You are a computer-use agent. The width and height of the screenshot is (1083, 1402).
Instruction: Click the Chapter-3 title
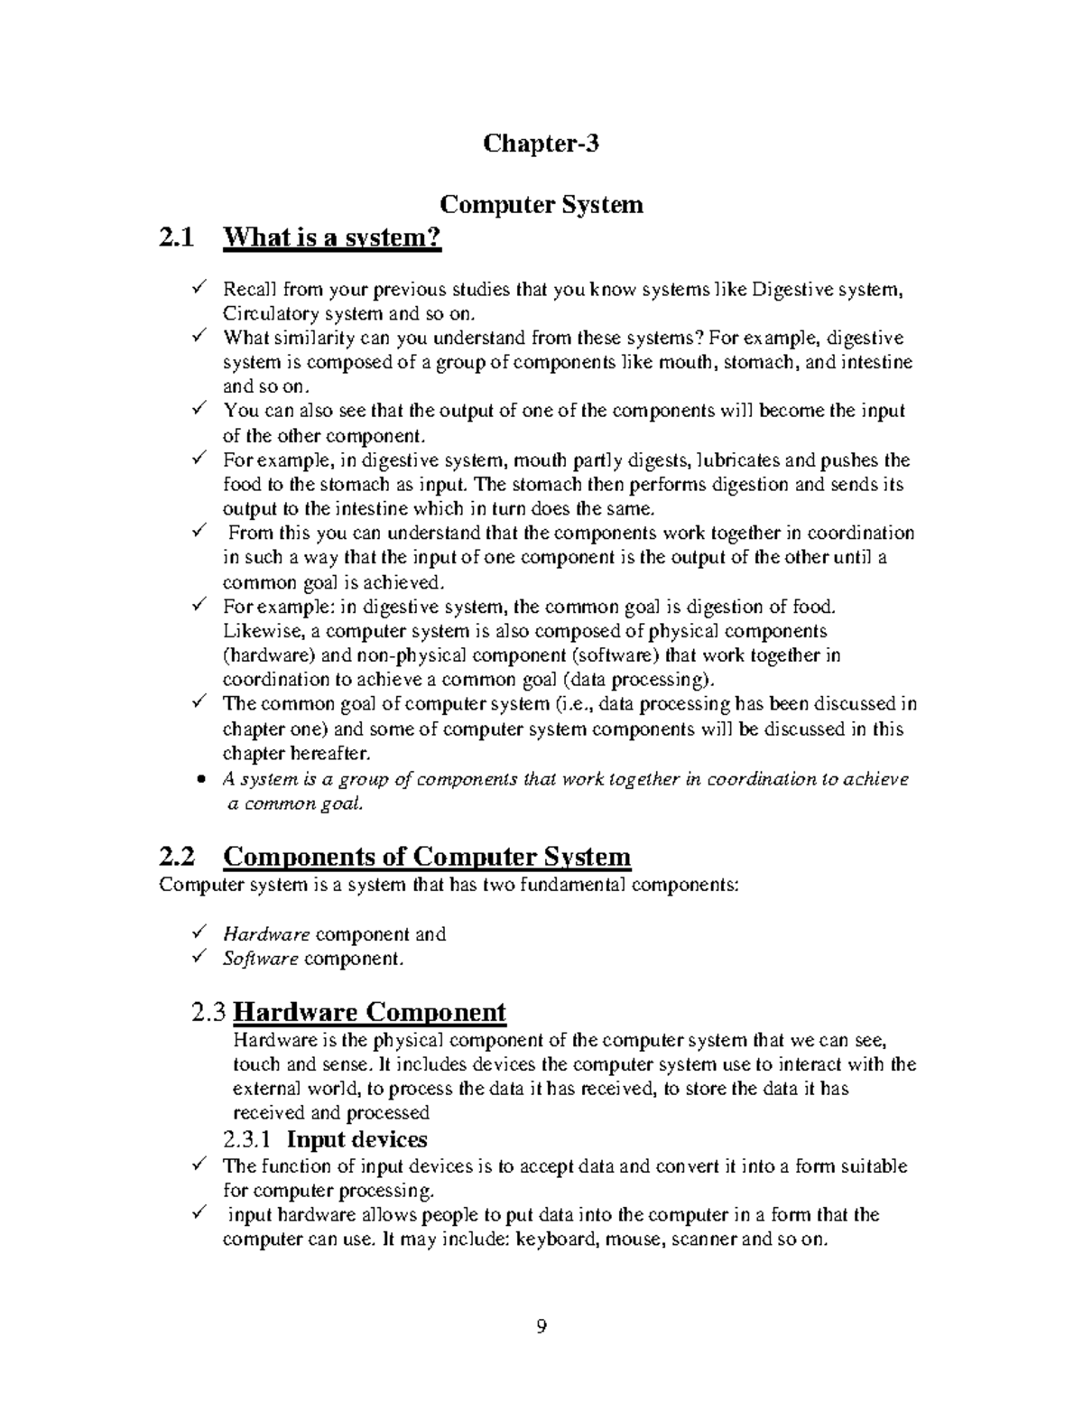pos(541,144)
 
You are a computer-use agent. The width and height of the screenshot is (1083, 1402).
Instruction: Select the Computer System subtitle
pos(541,204)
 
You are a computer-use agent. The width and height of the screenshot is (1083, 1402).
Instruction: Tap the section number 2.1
pos(175,238)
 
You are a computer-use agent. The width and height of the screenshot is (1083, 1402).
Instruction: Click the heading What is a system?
pos(333,238)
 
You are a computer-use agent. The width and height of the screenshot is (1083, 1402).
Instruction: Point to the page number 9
pos(541,1326)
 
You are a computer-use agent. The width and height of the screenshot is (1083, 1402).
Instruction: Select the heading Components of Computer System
pos(426,856)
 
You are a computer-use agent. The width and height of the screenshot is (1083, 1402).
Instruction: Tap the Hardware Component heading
pos(369,1012)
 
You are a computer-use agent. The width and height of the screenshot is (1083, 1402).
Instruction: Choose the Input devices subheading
pos(363,1139)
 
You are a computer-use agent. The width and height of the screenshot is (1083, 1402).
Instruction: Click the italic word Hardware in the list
pos(266,934)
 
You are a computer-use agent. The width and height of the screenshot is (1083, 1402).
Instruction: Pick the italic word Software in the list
pos(260,959)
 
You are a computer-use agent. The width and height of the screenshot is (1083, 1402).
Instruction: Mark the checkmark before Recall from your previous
pos(199,289)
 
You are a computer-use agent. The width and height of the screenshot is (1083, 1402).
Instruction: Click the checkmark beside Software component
pos(199,958)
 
